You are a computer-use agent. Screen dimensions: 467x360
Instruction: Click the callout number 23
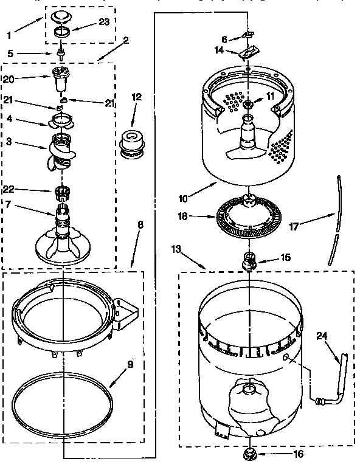104,22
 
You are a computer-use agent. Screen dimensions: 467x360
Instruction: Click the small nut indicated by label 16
249,452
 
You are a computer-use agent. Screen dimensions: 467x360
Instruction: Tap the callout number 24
322,334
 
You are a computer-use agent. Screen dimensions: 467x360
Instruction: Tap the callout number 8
140,224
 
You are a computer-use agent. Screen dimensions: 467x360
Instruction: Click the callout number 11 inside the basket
269,95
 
